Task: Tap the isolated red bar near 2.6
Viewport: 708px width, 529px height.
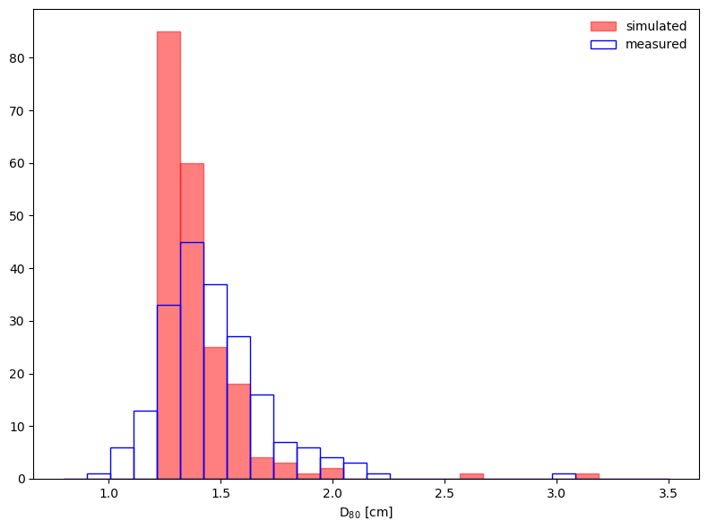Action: tap(471, 476)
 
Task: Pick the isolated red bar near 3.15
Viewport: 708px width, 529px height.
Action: tap(587, 476)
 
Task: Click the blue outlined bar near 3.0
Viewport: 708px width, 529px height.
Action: tap(564, 476)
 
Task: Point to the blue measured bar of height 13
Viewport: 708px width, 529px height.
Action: tap(145, 445)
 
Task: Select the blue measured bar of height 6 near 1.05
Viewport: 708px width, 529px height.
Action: tap(122, 463)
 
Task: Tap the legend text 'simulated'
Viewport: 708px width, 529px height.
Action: tap(656, 26)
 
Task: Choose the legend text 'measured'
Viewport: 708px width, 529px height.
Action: tap(656, 44)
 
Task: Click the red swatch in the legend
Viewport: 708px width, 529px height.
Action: tap(603, 26)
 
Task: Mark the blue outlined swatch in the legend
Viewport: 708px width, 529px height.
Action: tap(603, 44)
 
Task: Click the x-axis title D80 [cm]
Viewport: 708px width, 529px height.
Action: tap(366, 513)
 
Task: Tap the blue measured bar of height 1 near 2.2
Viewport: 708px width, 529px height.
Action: tap(378, 476)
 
